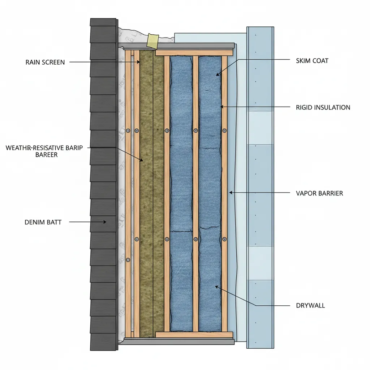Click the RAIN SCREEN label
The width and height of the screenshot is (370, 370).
coord(45,62)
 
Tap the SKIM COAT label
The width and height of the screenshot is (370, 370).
coord(312,61)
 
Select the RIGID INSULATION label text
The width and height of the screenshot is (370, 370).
coord(323,107)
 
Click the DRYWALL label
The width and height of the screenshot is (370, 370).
coord(310,306)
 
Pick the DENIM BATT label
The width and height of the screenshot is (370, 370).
coord(43,222)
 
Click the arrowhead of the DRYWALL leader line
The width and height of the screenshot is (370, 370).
coord(216,287)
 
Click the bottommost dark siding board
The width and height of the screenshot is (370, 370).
coord(104,342)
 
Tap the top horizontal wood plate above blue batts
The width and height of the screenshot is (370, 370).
coord(194,53)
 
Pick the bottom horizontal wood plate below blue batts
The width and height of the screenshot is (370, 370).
coord(194,335)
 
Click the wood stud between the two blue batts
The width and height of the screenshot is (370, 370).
coord(195,195)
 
